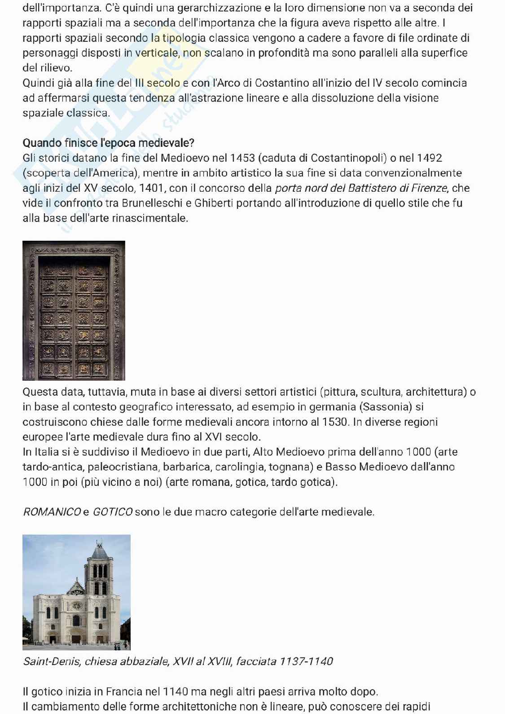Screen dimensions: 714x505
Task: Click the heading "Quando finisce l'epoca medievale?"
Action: [x=108, y=143]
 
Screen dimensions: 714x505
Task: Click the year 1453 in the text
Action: [x=243, y=158]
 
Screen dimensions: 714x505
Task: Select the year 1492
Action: [x=429, y=158]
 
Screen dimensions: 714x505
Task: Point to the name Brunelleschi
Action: [x=156, y=203]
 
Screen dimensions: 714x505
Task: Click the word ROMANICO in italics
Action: [x=52, y=512]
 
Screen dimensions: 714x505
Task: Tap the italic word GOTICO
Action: [x=112, y=512]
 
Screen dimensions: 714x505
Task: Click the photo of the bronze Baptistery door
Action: [x=74, y=311]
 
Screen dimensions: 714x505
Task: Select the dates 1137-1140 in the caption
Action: [x=306, y=661]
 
